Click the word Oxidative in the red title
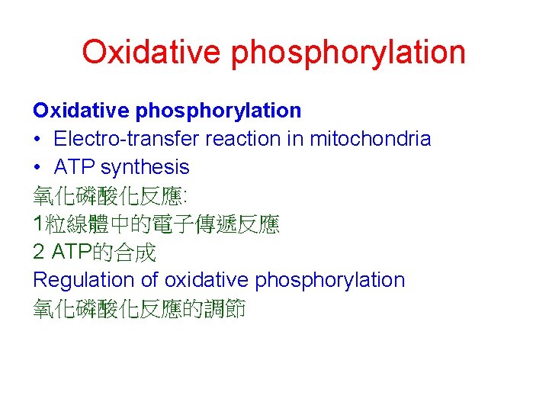click(151, 52)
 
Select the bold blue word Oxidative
click(82, 111)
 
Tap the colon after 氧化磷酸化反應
click(184, 197)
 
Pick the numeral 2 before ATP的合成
click(39, 252)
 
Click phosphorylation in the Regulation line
click(329, 281)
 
